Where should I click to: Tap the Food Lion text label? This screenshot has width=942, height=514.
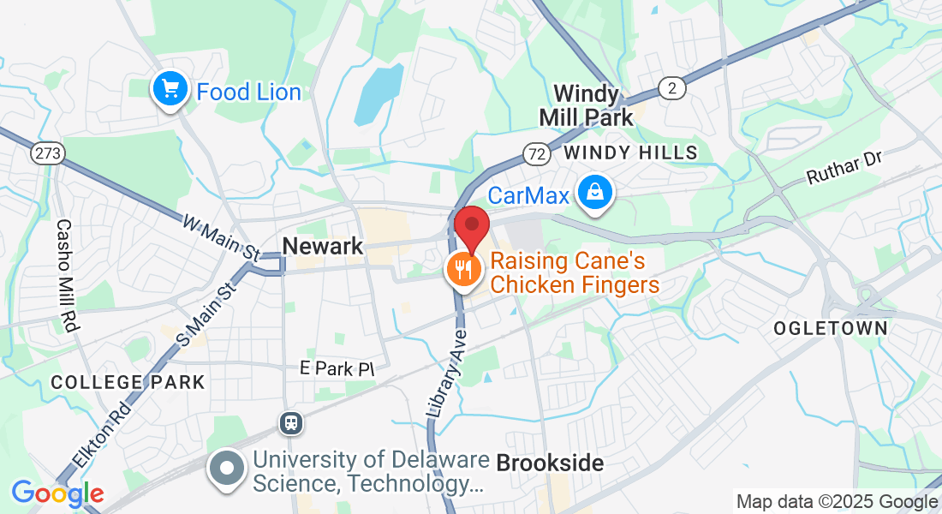click(248, 92)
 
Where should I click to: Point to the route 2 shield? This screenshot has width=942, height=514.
click(671, 87)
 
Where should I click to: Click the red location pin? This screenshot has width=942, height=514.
click(471, 225)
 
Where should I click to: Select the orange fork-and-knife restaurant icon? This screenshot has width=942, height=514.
click(463, 270)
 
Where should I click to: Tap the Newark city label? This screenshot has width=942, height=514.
click(323, 247)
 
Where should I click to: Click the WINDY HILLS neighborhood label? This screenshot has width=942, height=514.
click(631, 152)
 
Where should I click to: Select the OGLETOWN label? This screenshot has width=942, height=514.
click(830, 328)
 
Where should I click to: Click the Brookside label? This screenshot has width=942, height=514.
click(550, 463)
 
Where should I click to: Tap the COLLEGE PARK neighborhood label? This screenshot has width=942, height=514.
click(128, 382)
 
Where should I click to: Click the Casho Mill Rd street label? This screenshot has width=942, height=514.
click(66, 275)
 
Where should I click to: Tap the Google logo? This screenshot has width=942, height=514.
click(57, 493)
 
